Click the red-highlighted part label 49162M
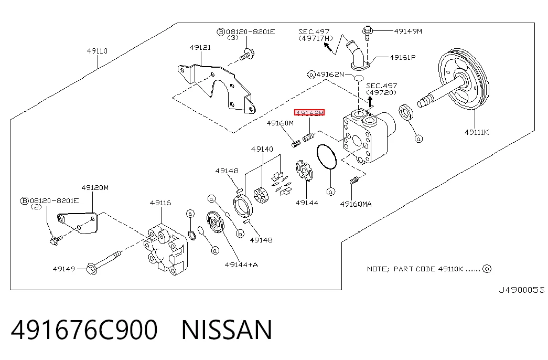point(309,113)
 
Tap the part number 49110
point(97,51)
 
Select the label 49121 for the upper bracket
point(200,48)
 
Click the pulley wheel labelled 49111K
point(463,80)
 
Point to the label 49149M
point(408,31)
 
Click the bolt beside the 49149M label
point(367,33)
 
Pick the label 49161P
point(403,57)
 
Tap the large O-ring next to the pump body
point(326,157)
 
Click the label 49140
point(262,149)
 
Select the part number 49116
point(160,203)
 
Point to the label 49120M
point(95,188)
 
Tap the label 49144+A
point(241,265)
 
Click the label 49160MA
point(356,204)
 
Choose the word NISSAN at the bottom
point(227,330)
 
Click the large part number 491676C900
point(84,330)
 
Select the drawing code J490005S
point(521,290)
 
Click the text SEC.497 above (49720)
point(382,86)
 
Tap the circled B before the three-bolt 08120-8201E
point(221,32)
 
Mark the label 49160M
point(280,123)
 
